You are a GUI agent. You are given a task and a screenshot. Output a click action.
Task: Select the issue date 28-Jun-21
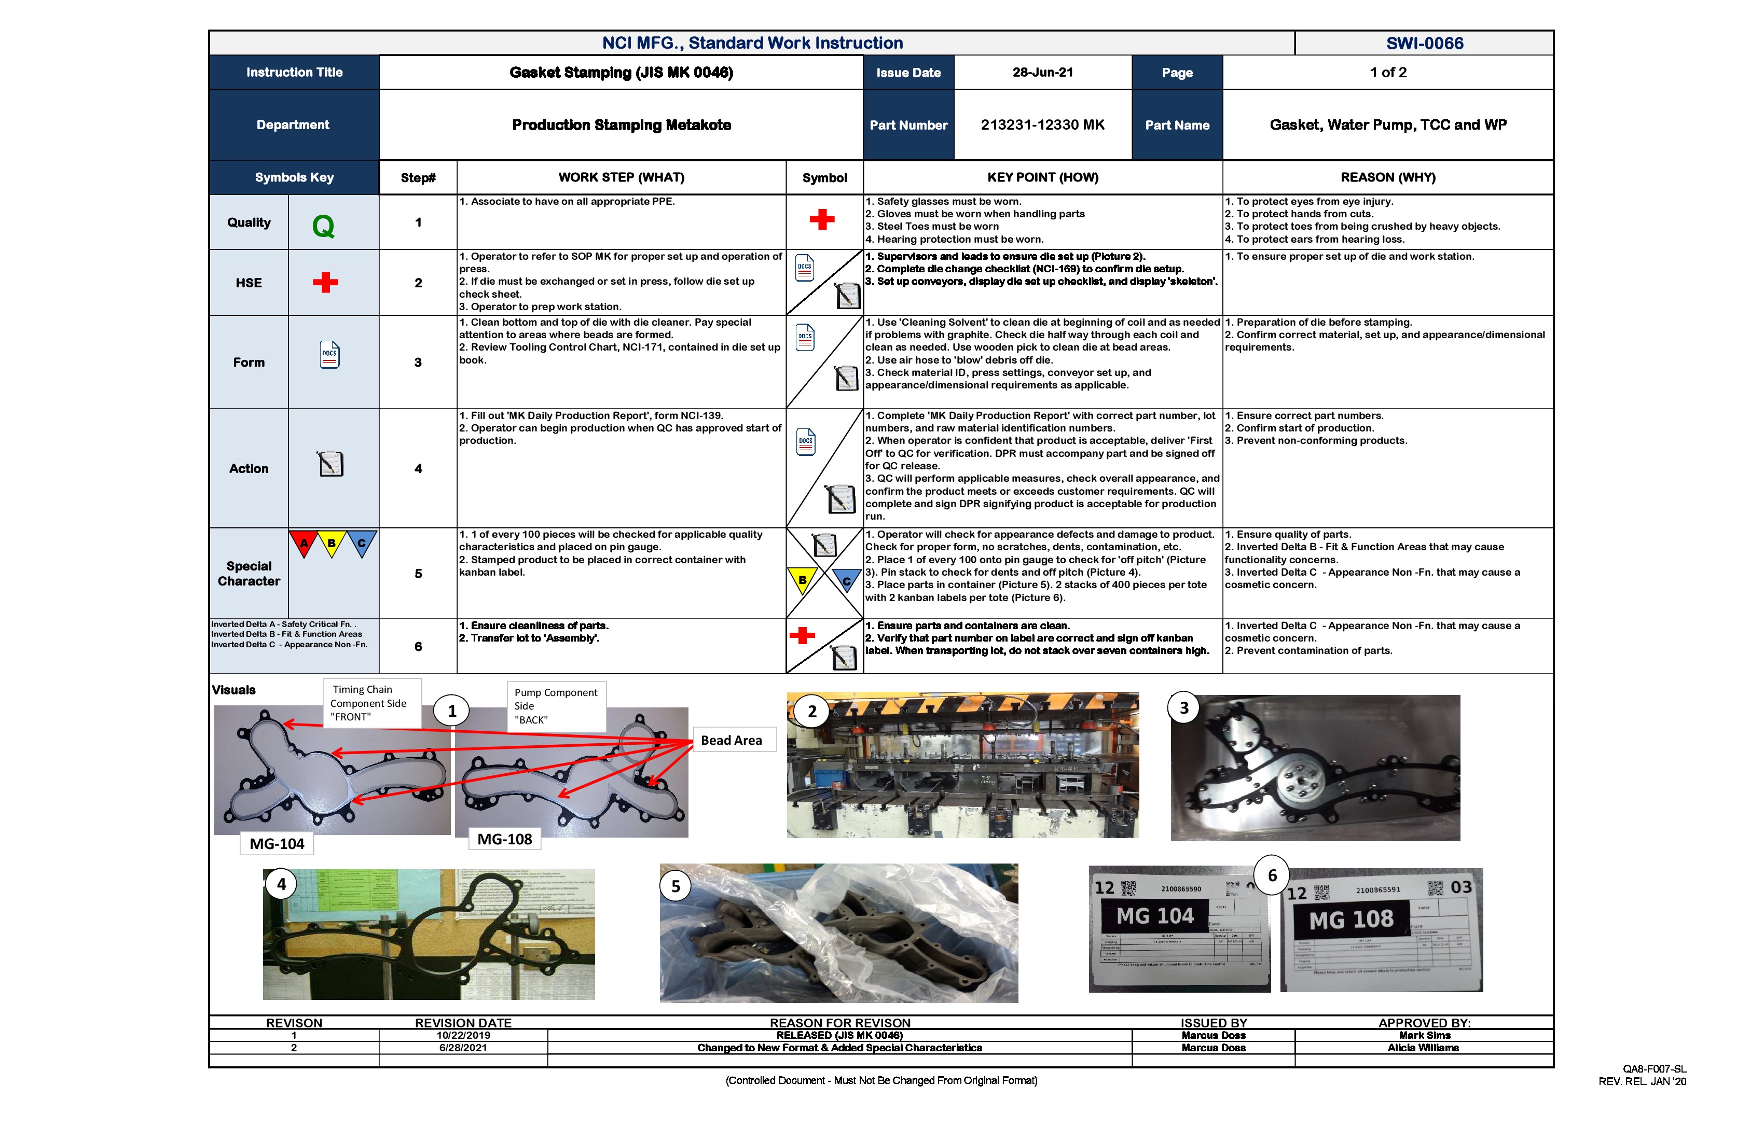click(1042, 73)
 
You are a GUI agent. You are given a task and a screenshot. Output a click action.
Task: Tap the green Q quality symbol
click(323, 225)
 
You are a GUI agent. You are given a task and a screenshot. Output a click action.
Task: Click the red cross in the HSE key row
click(325, 282)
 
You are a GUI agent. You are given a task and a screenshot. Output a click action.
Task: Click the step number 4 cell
click(418, 468)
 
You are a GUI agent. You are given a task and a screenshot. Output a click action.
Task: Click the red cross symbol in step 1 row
click(821, 219)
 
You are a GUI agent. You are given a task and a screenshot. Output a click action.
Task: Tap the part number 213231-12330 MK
click(1042, 125)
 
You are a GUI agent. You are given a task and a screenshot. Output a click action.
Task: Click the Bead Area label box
click(732, 740)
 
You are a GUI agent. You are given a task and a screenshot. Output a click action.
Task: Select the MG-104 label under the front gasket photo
click(277, 844)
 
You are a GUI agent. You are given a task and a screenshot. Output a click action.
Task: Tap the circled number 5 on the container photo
click(675, 887)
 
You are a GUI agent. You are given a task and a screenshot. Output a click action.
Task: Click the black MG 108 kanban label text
click(1350, 920)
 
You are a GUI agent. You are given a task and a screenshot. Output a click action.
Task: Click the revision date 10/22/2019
click(463, 1035)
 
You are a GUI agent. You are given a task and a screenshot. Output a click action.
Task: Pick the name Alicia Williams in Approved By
click(1423, 1048)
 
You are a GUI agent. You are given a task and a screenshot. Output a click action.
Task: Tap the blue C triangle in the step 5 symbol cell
click(846, 580)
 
